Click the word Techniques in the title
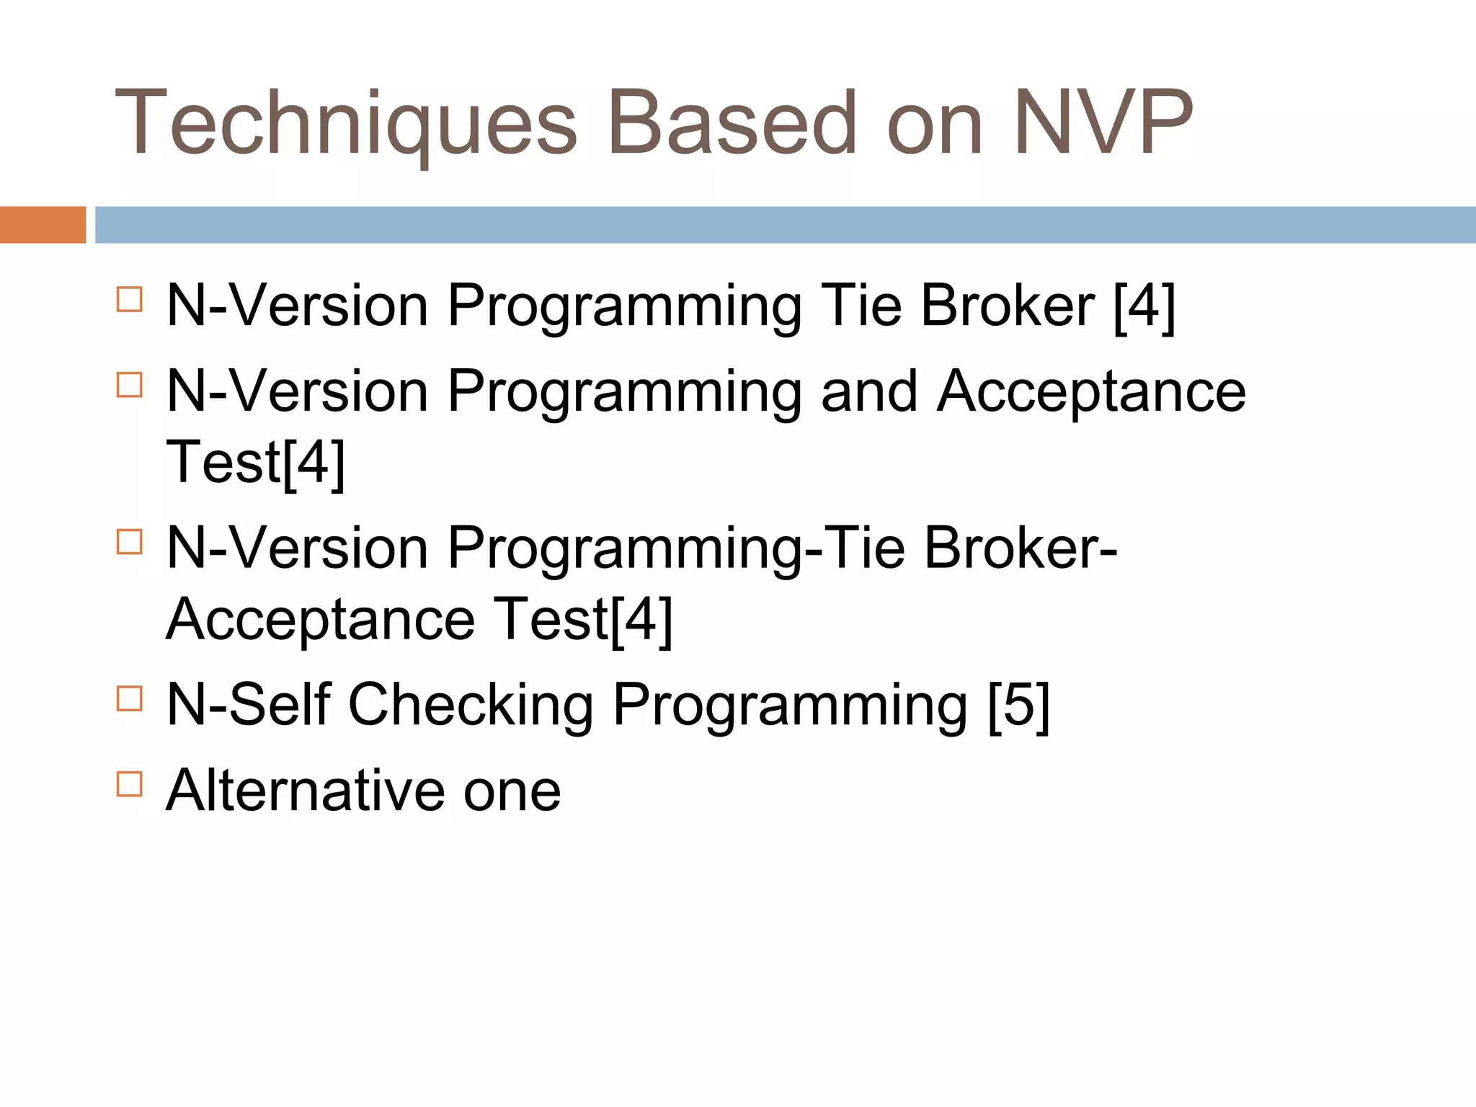pyautogui.click(x=346, y=123)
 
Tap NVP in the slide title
pyautogui.click(x=1103, y=123)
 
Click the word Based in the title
pyautogui.click(x=732, y=123)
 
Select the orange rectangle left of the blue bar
pyautogui.click(x=43, y=225)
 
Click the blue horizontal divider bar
pyautogui.click(x=786, y=225)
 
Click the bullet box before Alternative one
pyautogui.click(x=129, y=783)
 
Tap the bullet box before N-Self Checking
pyautogui.click(x=129, y=698)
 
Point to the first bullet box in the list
pyautogui.click(x=129, y=299)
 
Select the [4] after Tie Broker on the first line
pyautogui.click(x=1144, y=306)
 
